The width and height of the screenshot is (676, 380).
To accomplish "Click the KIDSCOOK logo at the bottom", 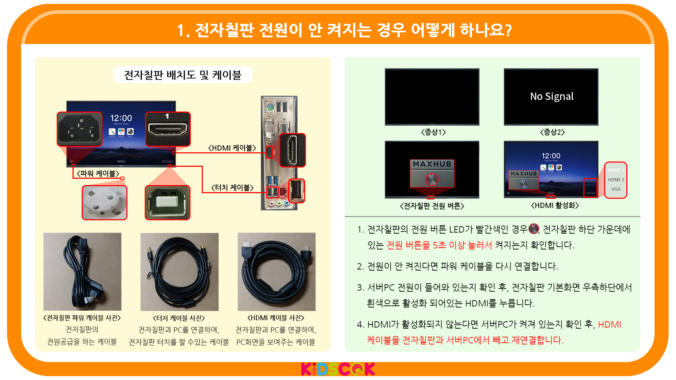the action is (x=338, y=369).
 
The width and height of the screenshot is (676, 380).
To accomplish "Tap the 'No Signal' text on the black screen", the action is (x=552, y=96).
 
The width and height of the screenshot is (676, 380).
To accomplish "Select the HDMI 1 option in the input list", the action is (x=616, y=170).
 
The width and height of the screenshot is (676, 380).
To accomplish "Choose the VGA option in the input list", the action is (x=616, y=189).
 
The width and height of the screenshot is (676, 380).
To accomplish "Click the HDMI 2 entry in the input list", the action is (x=616, y=180).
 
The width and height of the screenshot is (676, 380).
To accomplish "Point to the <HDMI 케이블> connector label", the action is (x=232, y=148).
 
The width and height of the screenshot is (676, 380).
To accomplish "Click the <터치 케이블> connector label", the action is (x=232, y=188).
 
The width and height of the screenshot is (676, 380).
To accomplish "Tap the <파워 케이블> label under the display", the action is (x=98, y=174).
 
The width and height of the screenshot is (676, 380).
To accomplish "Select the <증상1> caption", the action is (x=433, y=132).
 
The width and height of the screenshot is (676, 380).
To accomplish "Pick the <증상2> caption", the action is (x=552, y=132).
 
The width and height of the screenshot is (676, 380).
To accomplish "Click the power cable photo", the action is (x=82, y=272).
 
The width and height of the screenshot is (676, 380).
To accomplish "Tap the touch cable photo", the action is (x=180, y=272).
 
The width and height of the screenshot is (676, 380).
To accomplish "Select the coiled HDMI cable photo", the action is (x=277, y=272).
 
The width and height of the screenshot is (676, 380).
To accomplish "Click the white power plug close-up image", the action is (x=105, y=203).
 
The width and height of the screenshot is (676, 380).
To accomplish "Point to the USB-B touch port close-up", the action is (x=168, y=203).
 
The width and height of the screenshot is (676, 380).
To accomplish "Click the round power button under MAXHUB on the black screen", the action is (x=432, y=179).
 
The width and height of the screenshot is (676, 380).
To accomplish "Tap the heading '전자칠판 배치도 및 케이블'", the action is (x=183, y=75).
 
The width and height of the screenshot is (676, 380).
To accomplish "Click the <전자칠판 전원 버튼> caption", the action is (x=432, y=206).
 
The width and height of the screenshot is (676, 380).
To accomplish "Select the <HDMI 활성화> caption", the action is (x=555, y=205).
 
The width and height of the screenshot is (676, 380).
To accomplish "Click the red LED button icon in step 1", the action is (x=534, y=229).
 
